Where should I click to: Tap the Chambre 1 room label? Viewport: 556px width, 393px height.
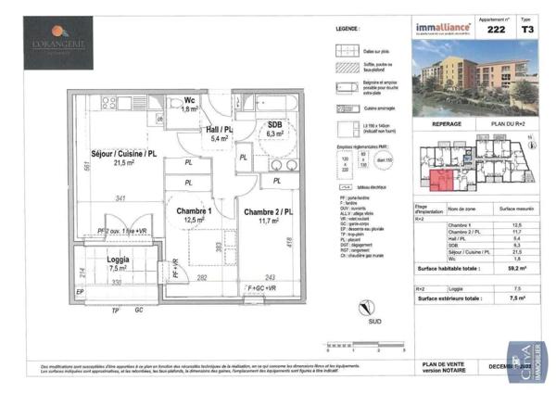tap(196, 210)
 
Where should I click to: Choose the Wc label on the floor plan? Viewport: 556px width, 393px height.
tap(188, 100)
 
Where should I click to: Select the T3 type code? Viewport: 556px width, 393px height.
tap(527, 30)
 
